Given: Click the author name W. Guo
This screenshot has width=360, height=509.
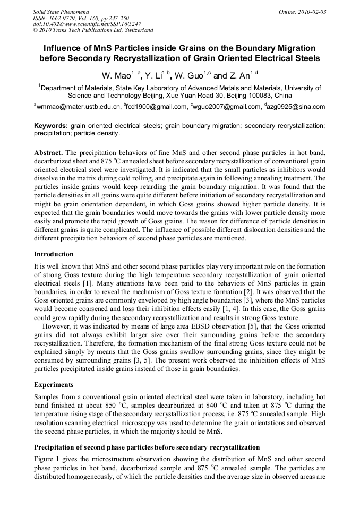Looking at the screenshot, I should (x=191, y=76).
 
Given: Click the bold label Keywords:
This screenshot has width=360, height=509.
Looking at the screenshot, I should (x=50, y=126).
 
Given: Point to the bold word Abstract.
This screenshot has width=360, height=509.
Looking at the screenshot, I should (x=48, y=152).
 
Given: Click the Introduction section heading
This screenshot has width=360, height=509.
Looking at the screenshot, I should (x=54, y=254).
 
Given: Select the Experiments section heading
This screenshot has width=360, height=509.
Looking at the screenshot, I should (x=53, y=384).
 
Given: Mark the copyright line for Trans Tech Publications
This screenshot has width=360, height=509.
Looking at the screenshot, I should (x=93, y=30).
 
